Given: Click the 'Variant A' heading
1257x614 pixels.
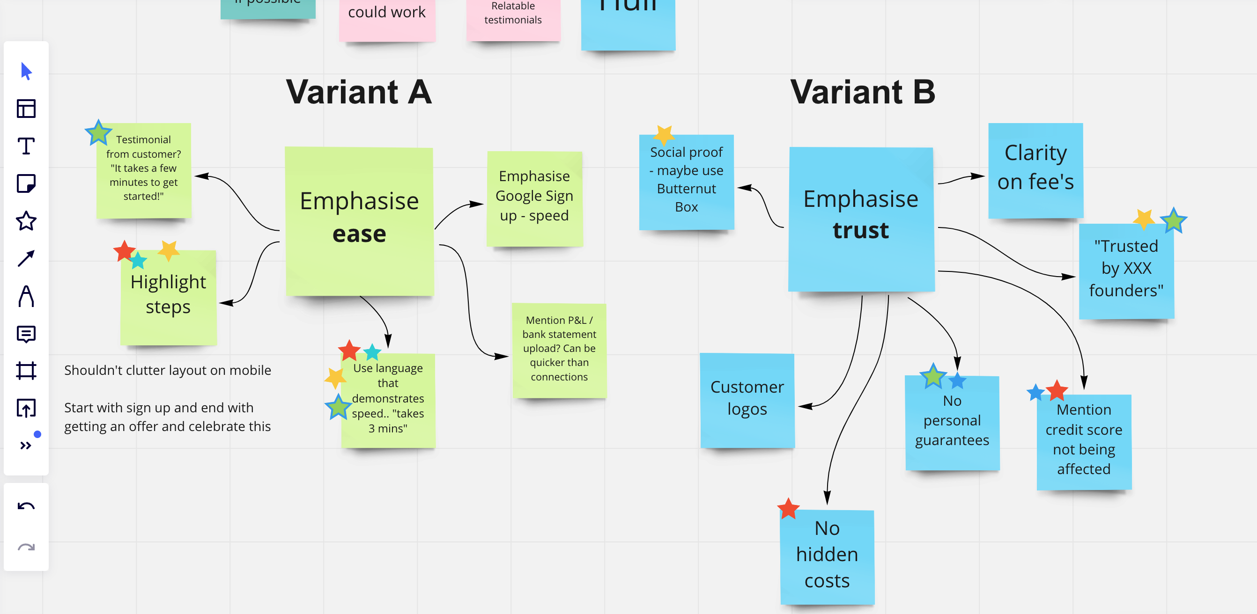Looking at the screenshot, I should click(x=359, y=92).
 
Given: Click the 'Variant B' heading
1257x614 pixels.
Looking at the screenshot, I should click(x=862, y=92).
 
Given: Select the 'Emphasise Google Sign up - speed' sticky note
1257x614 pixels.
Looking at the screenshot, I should click(x=534, y=197).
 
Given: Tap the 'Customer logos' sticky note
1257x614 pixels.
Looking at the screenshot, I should click(x=747, y=399).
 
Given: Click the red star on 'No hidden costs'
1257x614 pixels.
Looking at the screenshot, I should click(x=788, y=509).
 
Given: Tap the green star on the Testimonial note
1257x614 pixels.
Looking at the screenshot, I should click(x=98, y=133).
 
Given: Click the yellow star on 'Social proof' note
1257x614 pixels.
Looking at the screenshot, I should click(x=664, y=134).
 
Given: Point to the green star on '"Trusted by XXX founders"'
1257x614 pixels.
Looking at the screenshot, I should click(x=1174, y=221).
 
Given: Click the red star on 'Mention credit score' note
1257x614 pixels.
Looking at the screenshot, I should click(x=1057, y=390).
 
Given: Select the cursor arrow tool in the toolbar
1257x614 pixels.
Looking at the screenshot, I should click(x=26, y=71).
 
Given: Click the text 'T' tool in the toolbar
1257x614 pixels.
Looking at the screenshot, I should click(x=26, y=146).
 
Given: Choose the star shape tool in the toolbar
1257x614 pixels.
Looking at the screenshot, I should click(x=26, y=221).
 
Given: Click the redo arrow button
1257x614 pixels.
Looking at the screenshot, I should click(x=26, y=547).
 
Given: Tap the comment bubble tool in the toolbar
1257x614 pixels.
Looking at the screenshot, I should click(x=26, y=334).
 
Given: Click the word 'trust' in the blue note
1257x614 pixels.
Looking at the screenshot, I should click(x=861, y=230).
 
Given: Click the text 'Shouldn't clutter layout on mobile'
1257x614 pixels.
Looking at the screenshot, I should click(x=167, y=370).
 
